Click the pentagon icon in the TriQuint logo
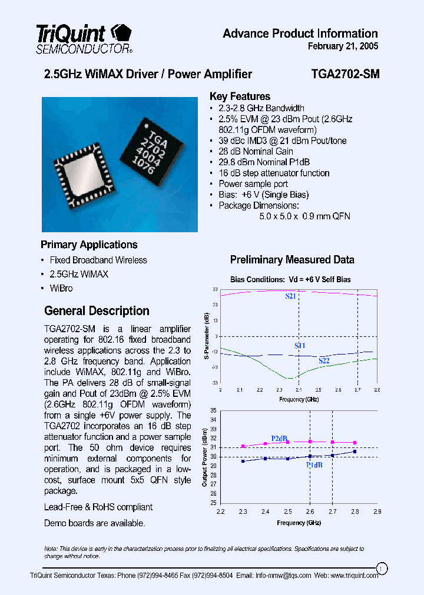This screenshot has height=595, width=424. [x=121, y=32]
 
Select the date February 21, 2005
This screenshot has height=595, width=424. [x=343, y=46]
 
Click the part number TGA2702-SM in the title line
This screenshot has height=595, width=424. [x=344, y=74]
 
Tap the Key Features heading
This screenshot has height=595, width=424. [x=240, y=96]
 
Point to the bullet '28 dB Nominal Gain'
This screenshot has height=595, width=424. [x=256, y=151]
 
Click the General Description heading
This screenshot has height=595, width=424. [x=97, y=311]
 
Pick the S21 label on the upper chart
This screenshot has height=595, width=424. [x=290, y=296]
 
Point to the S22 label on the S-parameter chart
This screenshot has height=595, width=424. [x=324, y=360]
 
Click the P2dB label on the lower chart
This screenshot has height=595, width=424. [x=279, y=439]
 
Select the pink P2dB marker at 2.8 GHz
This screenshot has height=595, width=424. [x=355, y=443]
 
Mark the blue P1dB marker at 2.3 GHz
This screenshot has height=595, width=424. [x=243, y=461]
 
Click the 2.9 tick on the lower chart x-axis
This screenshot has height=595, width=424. [x=377, y=512]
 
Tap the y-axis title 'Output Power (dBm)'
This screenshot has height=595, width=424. [x=205, y=456]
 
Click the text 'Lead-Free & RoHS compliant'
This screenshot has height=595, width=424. [x=98, y=507]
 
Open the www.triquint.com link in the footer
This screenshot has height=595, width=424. [x=347, y=576]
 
